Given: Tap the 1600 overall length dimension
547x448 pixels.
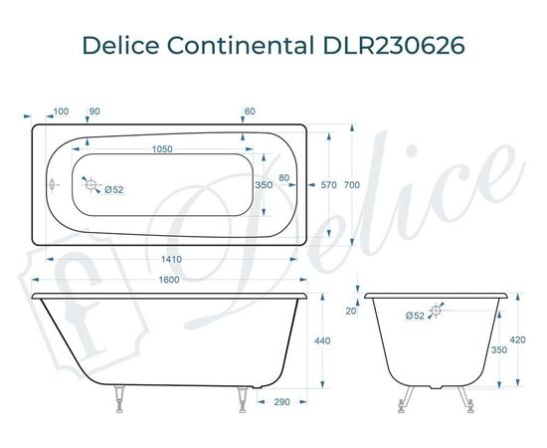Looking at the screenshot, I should [169, 281].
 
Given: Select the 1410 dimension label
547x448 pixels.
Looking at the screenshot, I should [169, 259].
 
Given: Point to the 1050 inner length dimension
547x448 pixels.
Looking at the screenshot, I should [162, 148].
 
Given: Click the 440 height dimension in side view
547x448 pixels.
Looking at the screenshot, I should [321, 341].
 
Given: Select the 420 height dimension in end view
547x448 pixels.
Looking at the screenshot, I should [517, 340].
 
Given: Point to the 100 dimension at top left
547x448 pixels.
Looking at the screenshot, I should [61, 111].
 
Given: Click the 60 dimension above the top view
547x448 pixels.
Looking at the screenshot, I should [249, 111].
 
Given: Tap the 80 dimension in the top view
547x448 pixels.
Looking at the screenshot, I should [284, 178].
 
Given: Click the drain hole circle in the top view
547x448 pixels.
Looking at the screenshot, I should [91, 185].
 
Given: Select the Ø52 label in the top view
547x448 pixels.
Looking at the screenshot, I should [113, 189].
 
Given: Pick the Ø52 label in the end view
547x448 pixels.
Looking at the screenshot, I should [415, 317].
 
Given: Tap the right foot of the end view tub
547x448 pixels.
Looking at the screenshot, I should [465, 399].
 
